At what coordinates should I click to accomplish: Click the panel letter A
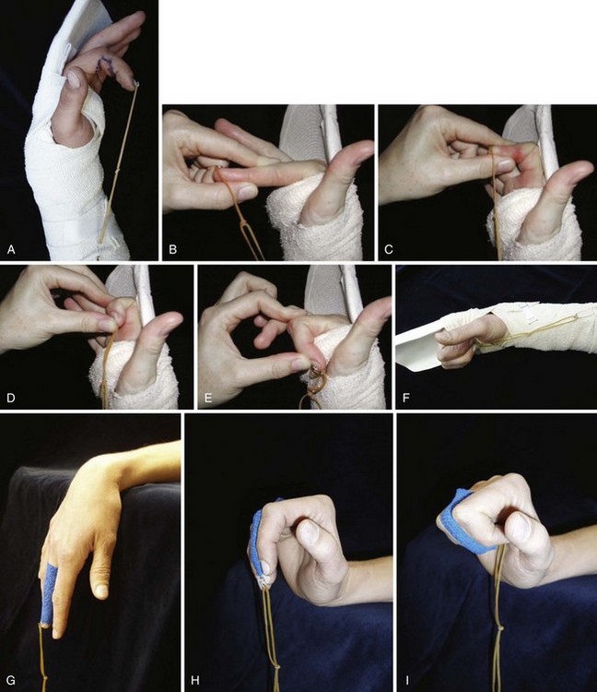click(x=11, y=250)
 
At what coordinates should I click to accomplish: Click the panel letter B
click(x=172, y=250)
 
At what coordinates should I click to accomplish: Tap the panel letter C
click(x=388, y=250)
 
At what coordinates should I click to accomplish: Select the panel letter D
click(x=11, y=398)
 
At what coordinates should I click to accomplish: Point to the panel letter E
click(x=208, y=398)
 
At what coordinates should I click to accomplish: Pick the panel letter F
click(x=405, y=398)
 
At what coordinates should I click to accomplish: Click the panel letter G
click(x=11, y=680)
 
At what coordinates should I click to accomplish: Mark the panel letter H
click(x=195, y=680)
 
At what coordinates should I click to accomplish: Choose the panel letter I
click(x=406, y=680)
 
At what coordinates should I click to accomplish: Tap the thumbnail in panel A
click(x=73, y=78)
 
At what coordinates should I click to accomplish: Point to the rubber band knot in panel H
click(x=276, y=667)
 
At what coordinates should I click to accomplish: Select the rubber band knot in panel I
click(x=500, y=627)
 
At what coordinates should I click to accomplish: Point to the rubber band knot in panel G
click(x=44, y=678)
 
